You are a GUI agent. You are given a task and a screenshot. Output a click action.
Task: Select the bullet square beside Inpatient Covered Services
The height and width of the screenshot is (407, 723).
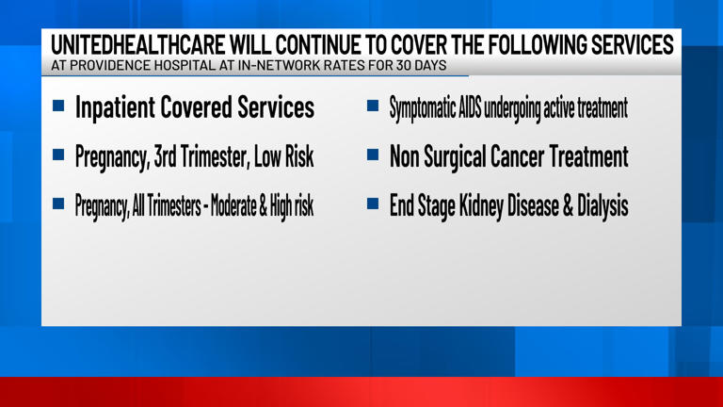click(58, 106)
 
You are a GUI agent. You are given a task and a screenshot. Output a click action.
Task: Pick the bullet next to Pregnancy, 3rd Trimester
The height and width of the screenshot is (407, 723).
click(58, 155)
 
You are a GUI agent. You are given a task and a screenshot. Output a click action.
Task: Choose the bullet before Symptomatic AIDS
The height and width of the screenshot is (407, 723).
click(372, 106)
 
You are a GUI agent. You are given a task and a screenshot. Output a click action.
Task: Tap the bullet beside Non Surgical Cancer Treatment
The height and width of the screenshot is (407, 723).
click(372, 155)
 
